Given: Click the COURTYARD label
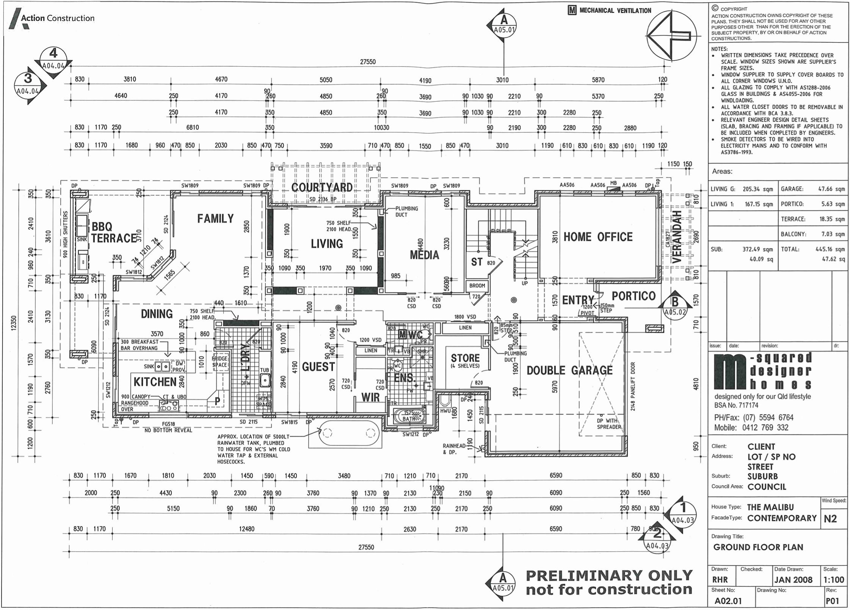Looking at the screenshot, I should coord(322,187).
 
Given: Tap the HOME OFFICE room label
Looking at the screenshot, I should coord(598,237).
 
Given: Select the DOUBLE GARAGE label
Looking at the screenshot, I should coord(569,370).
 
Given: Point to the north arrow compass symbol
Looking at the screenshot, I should coord(671,36).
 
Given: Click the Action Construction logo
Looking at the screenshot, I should coord(52,18).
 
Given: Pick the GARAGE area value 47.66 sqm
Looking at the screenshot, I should coord(833,189).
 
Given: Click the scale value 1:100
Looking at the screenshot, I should coord(833,580).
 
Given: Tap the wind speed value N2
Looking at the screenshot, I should coord(830,518).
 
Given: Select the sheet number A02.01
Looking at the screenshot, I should coord(728,601).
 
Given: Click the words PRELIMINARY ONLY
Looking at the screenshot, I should coord(609,575).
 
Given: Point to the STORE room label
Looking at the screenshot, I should coord(465,358).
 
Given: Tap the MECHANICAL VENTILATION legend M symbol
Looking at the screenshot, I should coord(572,11).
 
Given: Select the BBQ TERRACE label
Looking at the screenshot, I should coord(114,233).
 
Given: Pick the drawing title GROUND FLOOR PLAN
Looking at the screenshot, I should coord(758,547).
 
